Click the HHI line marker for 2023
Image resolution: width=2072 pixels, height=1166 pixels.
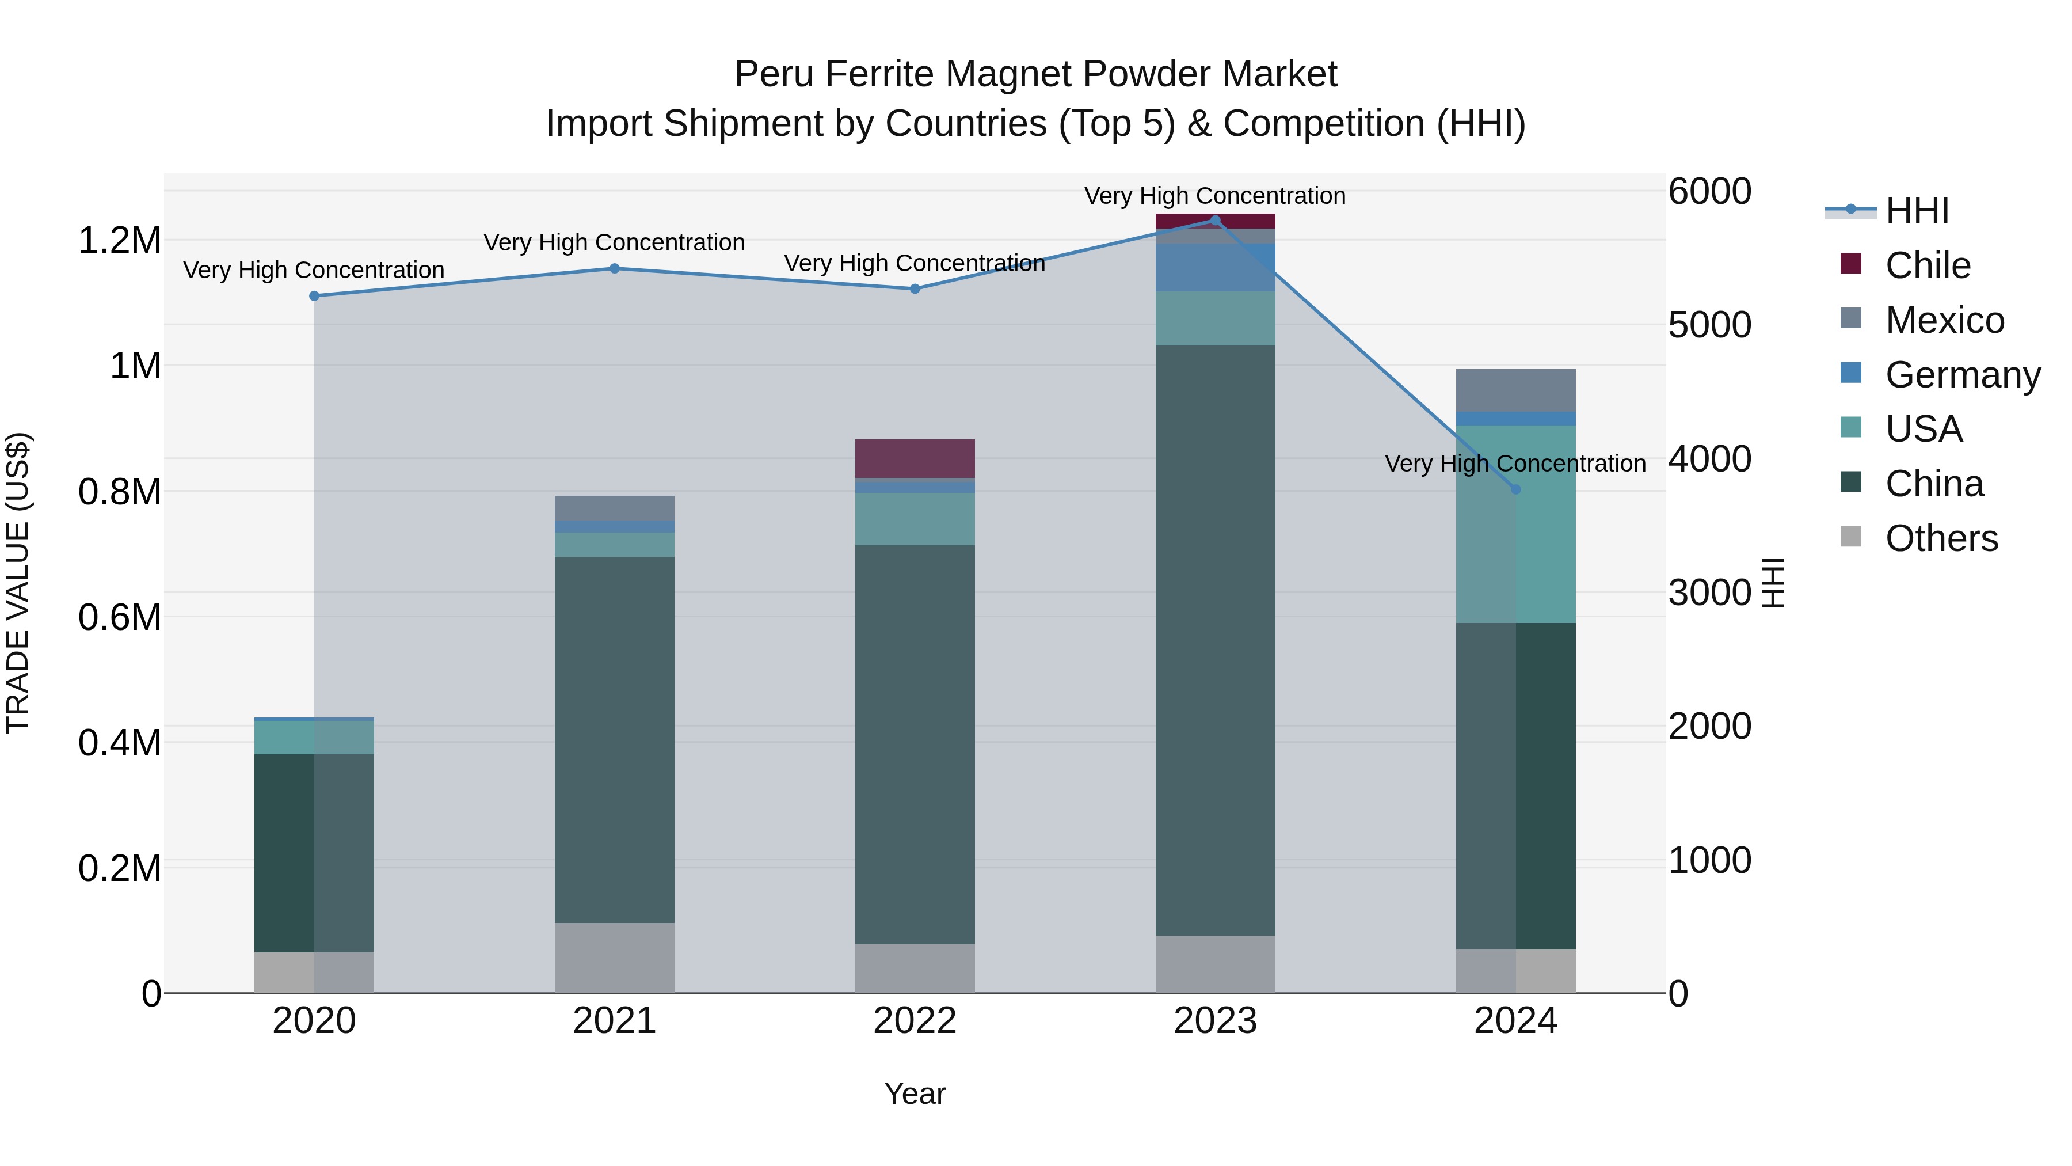(1216, 221)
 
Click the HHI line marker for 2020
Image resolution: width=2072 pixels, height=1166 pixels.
(314, 296)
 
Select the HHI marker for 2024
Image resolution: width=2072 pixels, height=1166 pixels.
(1515, 489)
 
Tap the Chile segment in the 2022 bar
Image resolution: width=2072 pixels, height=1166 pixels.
(915, 459)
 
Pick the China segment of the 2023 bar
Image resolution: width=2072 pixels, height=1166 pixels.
(1216, 640)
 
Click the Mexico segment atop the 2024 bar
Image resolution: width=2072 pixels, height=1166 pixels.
(1515, 390)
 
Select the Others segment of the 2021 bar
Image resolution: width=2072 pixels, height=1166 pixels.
(615, 958)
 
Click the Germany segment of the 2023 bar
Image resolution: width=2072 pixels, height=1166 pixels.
(1216, 267)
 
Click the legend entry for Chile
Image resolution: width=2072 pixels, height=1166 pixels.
(1927, 265)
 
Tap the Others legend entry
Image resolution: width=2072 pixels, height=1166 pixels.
(1940, 538)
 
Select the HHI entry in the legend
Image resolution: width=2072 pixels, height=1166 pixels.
(1916, 211)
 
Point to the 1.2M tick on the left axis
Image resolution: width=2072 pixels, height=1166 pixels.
(119, 241)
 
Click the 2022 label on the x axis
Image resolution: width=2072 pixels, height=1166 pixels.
(915, 1021)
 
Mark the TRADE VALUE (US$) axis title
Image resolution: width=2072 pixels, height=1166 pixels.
(18, 583)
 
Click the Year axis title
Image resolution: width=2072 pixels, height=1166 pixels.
(915, 1093)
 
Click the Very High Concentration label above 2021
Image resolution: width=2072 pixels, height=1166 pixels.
(615, 242)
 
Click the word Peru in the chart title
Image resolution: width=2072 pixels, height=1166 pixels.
(774, 74)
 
